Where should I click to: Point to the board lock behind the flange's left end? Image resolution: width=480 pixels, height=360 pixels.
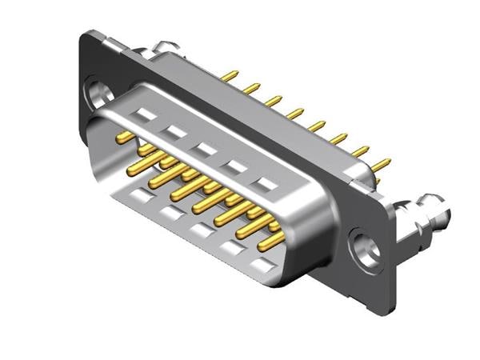(x=171, y=49)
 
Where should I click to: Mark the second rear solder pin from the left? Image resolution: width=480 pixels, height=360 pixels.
(x=251, y=88)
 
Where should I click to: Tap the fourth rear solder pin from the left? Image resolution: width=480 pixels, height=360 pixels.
(x=295, y=114)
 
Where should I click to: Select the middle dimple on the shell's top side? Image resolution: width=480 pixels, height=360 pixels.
(x=206, y=150)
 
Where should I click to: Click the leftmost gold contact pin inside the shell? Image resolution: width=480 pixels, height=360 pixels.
(x=124, y=138)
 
